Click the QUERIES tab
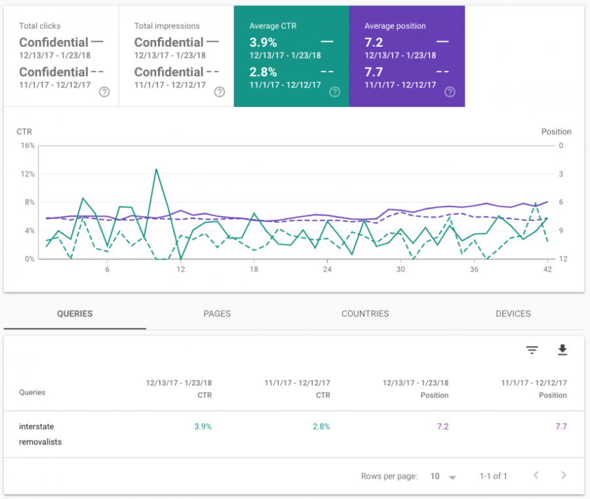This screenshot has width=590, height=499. pos(75,313)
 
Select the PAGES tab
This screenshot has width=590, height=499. pos(217,313)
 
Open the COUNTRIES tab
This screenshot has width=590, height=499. pos(365,313)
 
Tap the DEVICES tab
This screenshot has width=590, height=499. pos(513,313)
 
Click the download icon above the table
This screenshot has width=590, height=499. pos(562,350)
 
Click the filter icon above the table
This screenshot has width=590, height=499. pos(532,350)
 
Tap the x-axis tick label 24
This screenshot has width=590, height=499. pos(327,269)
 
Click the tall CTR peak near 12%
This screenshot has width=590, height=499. pos(156,169)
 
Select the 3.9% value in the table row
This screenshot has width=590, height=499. pos(203,426)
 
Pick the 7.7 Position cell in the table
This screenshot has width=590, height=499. pos(560,426)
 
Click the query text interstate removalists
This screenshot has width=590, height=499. pos(40,434)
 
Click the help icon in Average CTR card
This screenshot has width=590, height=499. pos(334,92)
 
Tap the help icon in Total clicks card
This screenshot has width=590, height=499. pos(104,92)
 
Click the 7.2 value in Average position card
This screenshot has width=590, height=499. pos(375,42)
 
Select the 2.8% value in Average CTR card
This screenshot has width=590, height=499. pos(263,71)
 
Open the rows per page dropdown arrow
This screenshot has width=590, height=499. pos(452,477)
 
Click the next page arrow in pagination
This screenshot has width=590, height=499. pos(563,475)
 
